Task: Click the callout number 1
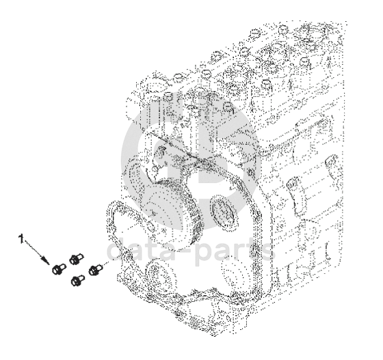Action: click(x=22, y=239)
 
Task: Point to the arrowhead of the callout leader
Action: click(x=46, y=260)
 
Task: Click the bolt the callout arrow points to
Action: click(x=58, y=268)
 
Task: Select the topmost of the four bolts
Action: click(x=76, y=259)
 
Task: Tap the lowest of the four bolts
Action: click(x=77, y=280)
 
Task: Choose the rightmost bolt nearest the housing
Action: click(x=95, y=270)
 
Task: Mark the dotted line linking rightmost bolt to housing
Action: click(x=107, y=263)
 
